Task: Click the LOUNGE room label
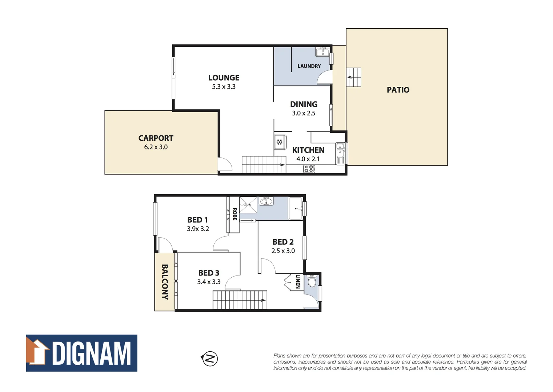[x=224, y=78]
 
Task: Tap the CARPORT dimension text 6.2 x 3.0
[x=156, y=147]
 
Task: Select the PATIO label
[x=398, y=90]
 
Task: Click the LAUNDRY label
[x=309, y=66]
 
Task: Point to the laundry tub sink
[x=322, y=52]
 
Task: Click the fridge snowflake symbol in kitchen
[x=279, y=142]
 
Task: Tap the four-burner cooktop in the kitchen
[x=309, y=169]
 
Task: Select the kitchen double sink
[x=340, y=150]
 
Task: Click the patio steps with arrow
[x=353, y=77]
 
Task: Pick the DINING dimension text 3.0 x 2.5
[x=304, y=113]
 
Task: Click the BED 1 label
[x=197, y=220]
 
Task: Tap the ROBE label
[x=235, y=214]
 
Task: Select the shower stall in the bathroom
[x=248, y=205]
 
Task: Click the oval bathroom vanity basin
[x=266, y=201]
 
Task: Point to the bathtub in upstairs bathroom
[x=296, y=208]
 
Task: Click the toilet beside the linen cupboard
[x=312, y=281]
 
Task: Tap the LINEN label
[x=297, y=282]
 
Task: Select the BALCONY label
[x=165, y=282]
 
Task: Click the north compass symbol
[x=209, y=359]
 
